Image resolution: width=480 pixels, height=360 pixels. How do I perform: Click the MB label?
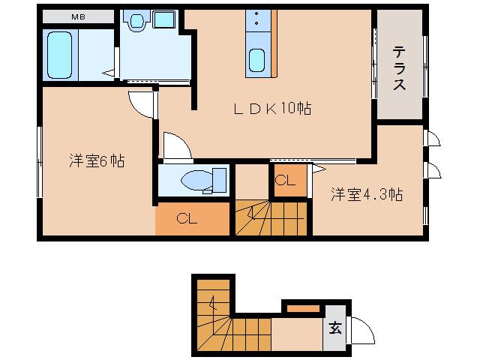[78, 16]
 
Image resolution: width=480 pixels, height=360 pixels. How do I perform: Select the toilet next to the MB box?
[136, 22]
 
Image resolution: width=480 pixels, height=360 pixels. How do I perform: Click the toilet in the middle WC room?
[197, 180]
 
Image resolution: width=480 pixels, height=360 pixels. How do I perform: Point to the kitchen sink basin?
[256, 60]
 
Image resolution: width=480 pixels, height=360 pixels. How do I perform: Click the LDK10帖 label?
[272, 109]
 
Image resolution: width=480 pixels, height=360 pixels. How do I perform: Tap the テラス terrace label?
[399, 68]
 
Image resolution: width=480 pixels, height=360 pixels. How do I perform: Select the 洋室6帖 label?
[97, 160]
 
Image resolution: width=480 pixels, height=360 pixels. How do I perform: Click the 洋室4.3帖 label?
[367, 195]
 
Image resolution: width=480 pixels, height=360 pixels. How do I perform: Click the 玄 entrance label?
[335, 328]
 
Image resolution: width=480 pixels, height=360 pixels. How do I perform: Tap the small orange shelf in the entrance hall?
[303, 307]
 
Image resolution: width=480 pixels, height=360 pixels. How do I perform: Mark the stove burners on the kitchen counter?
[256, 19]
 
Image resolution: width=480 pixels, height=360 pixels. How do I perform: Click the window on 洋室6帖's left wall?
[39, 162]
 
